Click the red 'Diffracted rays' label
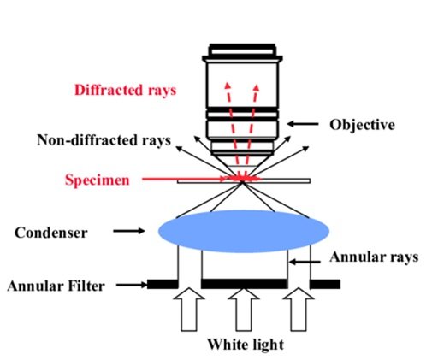pos(126,91)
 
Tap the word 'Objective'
pos(362,125)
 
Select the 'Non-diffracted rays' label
pos(104,140)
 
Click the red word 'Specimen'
pos(98,180)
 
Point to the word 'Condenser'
pos(50,233)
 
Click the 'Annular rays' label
pos(374,257)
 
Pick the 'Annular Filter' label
pos(56,286)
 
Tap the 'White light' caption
pos(246,345)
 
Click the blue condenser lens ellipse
pos(244,232)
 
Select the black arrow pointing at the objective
pos(303,124)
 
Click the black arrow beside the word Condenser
pos(129,231)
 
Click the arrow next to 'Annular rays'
pos(305,262)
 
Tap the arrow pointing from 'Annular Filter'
pos(132,285)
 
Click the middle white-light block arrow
pos(244,310)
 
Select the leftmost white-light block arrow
pos(189,310)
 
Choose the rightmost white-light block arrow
pos(299,310)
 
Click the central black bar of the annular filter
pos(244,284)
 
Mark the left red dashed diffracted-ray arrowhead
pos(228,86)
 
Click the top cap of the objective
pos(242,50)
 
